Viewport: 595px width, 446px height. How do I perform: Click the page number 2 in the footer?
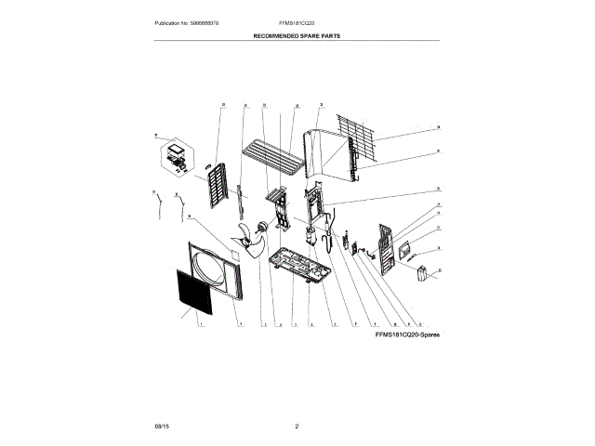tap(297, 426)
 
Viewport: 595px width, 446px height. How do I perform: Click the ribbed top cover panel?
tap(273, 155)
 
